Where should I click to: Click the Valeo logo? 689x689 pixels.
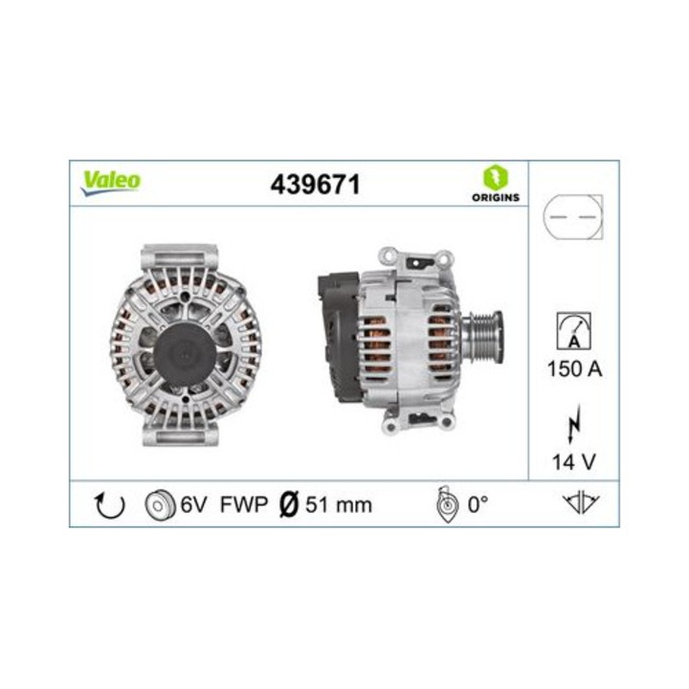pyautogui.click(x=110, y=181)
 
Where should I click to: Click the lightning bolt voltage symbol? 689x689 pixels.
pyautogui.click(x=575, y=422)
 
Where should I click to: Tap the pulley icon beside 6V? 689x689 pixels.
pyautogui.click(x=159, y=504)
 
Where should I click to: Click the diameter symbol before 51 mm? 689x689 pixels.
pyautogui.click(x=291, y=504)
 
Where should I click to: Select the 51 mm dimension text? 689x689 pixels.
pyautogui.click(x=338, y=504)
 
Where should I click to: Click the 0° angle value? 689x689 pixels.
pyautogui.click(x=478, y=504)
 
